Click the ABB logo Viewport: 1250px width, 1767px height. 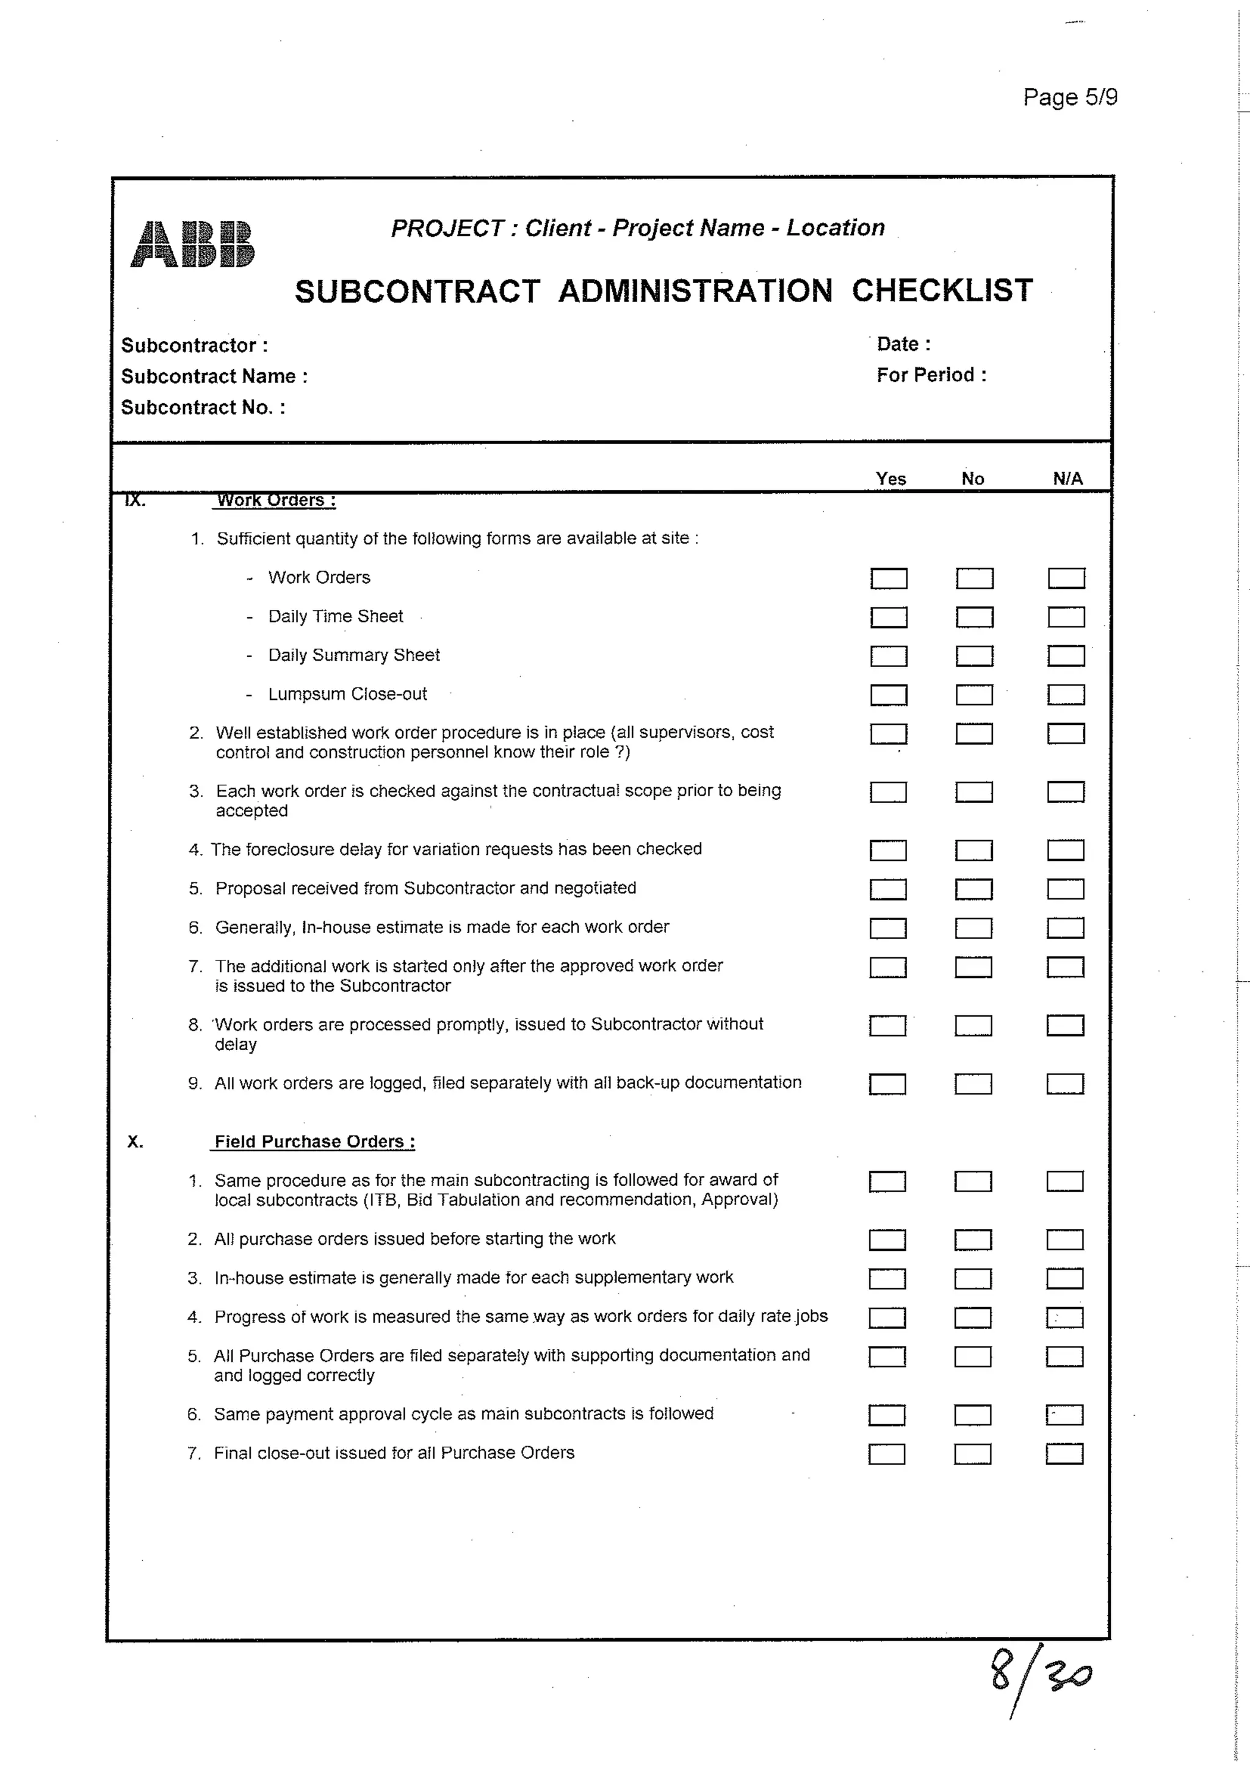pyautogui.click(x=192, y=244)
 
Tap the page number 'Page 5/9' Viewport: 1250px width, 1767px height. pyautogui.click(x=1069, y=97)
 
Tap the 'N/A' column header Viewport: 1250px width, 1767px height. pyautogui.click(x=1067, y=479)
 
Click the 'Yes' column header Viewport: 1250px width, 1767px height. pyautogui.click(x=890, y=479)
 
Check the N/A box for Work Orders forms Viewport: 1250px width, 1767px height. pyautogui.click(x=1066, y=578)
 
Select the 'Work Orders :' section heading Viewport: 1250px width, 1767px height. pyautogui.click(x=275, y=500)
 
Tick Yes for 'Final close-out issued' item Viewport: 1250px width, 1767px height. pyautogui.click(x=886, y=1454)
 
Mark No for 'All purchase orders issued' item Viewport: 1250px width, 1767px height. pyautogui.click(x=972, y=1240)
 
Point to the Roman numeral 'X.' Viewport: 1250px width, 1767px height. pyautogui.click(x=135, y=1142)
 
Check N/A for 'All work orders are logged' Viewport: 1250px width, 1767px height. pyautogui.click(x=1064, y=1084)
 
